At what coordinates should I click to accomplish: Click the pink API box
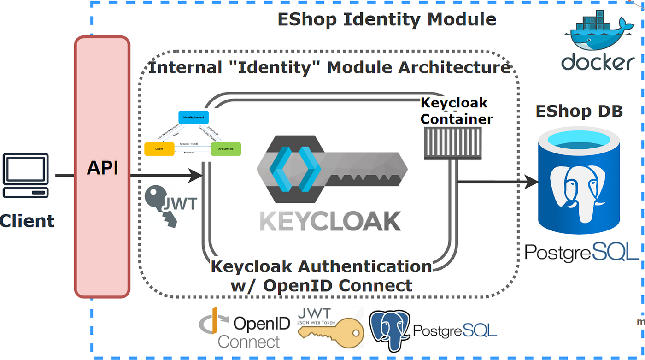pos(102,167)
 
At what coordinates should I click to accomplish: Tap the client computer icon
pos(25,176)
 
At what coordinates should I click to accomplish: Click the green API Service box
pos(225,149)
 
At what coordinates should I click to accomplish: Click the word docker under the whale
pos(598,62)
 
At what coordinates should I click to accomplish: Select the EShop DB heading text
pos(579,111)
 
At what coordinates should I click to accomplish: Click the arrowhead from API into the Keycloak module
pos(197,175)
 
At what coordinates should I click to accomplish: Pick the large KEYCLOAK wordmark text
pos(330,221)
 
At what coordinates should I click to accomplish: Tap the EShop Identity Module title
pos(387,19)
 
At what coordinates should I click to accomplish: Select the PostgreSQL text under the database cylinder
pos(581,252)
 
